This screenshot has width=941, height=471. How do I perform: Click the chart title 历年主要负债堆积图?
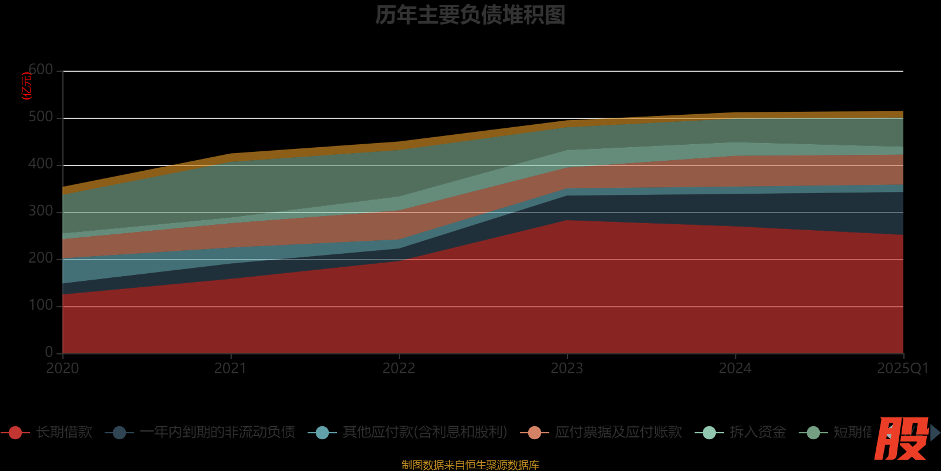[470, 15]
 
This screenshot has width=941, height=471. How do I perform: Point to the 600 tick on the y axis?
[41, 70]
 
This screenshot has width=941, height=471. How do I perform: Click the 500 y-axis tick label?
[41, 117]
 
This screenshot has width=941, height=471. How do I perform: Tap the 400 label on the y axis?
[41, 164]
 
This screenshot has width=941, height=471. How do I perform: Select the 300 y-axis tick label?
[41, 211]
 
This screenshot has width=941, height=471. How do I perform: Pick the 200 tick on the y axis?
[41, 258]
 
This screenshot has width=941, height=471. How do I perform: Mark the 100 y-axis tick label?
[41, 306]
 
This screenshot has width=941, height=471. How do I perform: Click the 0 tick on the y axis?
[49, 352]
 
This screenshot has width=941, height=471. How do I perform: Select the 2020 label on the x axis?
[62, 369]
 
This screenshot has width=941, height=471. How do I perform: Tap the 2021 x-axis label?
[231, 369]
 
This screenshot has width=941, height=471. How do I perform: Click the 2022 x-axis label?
[399, 369]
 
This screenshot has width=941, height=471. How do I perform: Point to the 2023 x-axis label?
[567, 369]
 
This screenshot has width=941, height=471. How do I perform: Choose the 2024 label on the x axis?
[735, 369]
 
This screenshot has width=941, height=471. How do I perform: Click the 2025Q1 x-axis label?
[902, 369]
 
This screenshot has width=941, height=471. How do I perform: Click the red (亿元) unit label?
[26, 86]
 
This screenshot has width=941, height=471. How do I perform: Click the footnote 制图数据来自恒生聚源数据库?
[470, 465]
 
